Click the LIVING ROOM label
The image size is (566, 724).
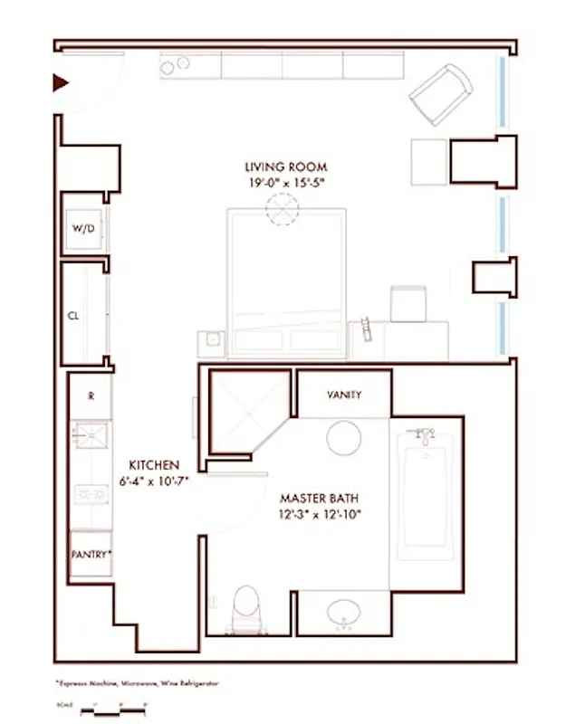click(285, 167)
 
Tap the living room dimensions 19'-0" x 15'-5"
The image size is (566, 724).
click(285, 182)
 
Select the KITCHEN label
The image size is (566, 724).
click(153, 464)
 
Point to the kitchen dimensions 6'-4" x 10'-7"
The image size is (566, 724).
click(153, 481)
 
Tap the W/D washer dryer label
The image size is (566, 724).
click(82, 229)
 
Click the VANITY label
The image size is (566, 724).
click(344, 395)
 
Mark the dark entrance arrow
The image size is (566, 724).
click(61, 83)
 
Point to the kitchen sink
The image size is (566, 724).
click(91, 436)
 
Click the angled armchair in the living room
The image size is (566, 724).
click(441, 93)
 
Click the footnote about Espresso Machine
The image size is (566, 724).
click(136, 683)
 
